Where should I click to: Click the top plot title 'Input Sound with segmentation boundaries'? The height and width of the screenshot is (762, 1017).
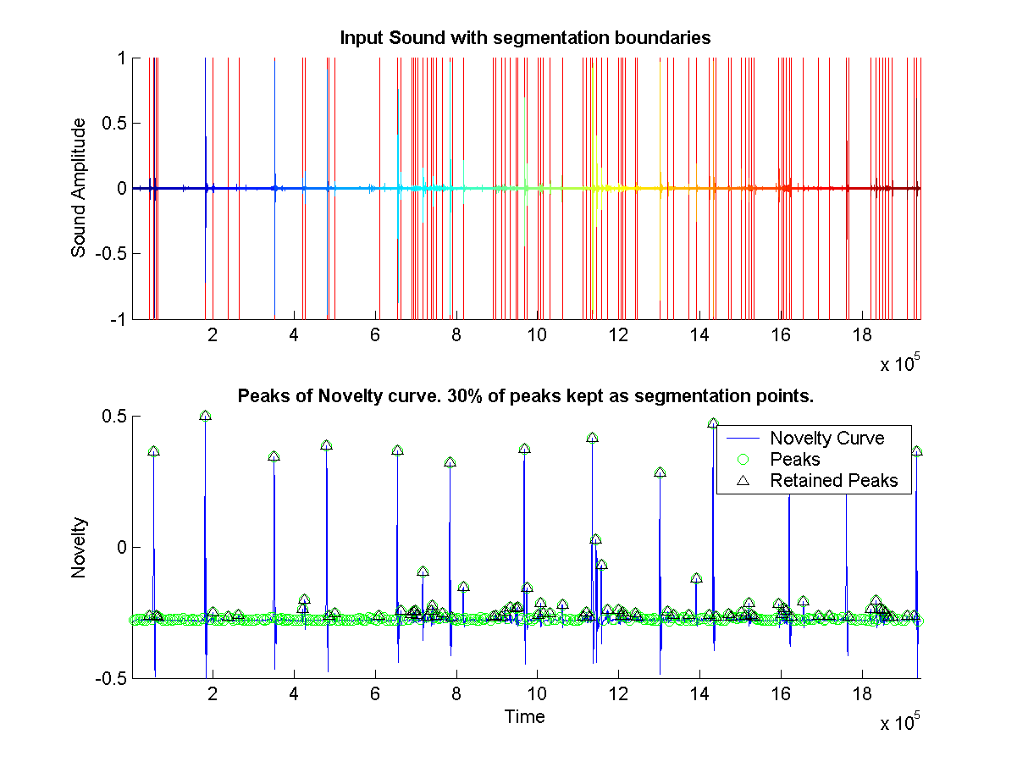tap(524, 38)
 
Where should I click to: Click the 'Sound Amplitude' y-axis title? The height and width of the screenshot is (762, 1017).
tap(79, 188)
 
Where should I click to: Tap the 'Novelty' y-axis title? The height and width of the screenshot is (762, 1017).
tap(79, 548)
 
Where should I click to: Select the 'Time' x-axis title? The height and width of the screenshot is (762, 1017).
tap(524, 717)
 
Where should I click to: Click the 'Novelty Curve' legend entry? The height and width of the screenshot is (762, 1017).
tap(826, 438)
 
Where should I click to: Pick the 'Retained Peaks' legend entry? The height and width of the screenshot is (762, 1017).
tap(833, 481)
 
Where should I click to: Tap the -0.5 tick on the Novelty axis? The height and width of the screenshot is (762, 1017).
tap(108, 678)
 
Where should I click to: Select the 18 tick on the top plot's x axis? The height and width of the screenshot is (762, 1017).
tap(861, 334)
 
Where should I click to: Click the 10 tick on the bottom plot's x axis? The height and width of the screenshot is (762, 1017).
tap(537, 693)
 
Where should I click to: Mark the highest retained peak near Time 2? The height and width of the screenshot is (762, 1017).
tap(205, 416)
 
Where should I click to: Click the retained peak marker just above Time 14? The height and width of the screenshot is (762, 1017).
tap(713, 422)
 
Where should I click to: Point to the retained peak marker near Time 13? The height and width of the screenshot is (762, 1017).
tap(660, 472)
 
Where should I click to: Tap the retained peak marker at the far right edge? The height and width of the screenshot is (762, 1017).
tap(916, 451)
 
